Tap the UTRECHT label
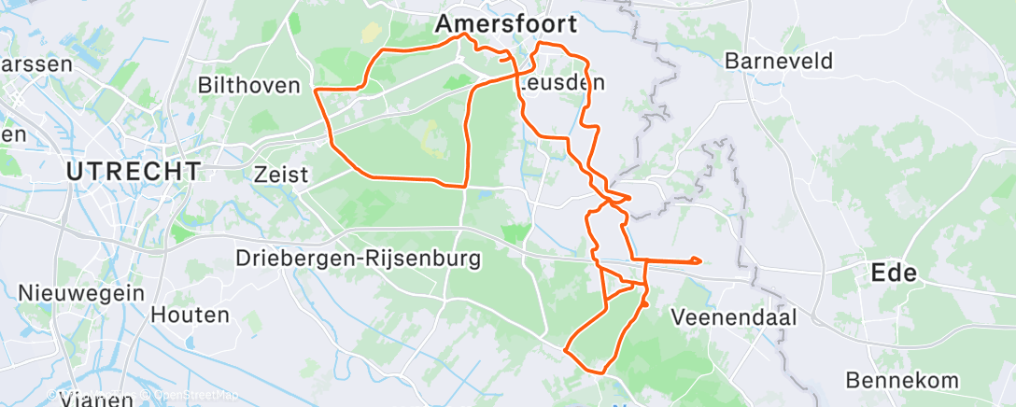click(x=134, y=171)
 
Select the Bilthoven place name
click(x=248, y=86)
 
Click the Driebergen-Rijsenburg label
click(x=358, y=258)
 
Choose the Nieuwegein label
click(x=81, y=292)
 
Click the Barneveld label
click(x=779, y=61)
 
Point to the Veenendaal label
click(x=734, y=317)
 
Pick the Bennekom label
click(x=902, y=380)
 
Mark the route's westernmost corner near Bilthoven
click(x=316, y=91)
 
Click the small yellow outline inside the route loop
click(x=430, y=138)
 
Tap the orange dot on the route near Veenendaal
click(x=644, y=303)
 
